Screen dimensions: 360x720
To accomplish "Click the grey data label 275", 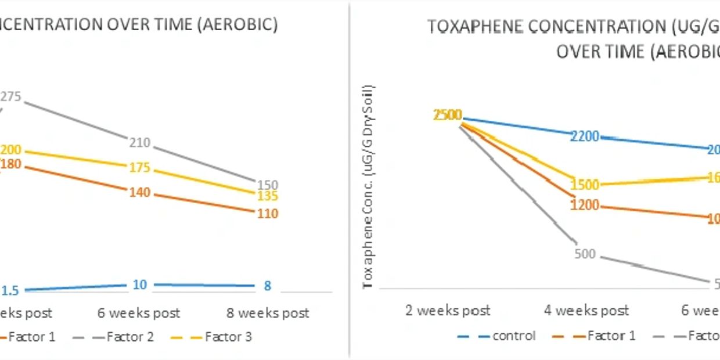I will [12, 97].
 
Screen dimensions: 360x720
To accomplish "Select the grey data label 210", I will [140, 143].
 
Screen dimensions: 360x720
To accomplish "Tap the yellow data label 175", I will [139, 168].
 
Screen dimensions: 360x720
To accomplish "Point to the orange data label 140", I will [140, 192].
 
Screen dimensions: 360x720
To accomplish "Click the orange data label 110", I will [268, 214].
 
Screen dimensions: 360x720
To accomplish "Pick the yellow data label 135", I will [268, 196].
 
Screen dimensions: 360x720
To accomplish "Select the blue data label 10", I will [140, 285].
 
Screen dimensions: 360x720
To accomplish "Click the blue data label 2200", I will [584, 136].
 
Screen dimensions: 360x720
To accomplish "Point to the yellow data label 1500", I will [585, 185].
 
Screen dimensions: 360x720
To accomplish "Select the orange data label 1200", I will [585, 206].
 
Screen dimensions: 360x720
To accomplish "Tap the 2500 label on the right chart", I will [448, 115].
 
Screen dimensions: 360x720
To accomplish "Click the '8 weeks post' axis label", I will [268, 314].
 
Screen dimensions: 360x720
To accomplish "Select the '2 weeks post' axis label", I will [448, 311].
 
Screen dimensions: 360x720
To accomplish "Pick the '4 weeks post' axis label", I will [586, 311].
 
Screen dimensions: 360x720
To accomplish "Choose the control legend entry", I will [514, 336].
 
